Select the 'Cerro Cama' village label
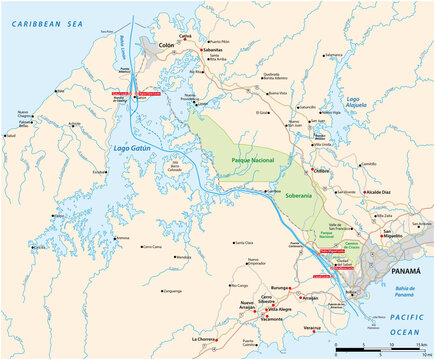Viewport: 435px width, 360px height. coord(150,245)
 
